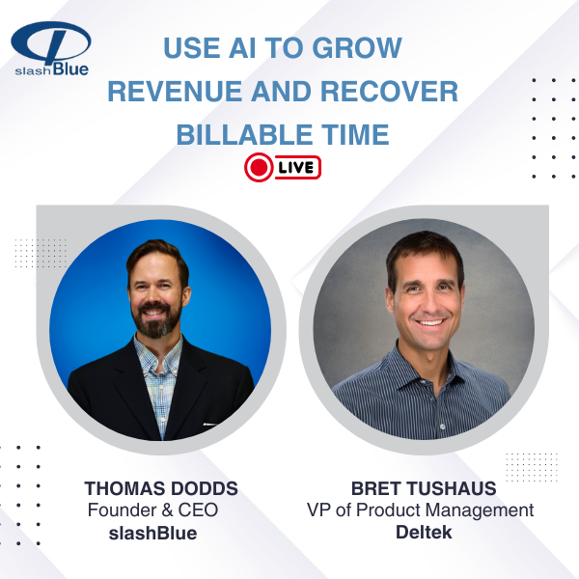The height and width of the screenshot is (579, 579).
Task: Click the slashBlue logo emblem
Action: click(51, 41)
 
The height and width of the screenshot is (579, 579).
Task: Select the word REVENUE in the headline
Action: click(175, 92)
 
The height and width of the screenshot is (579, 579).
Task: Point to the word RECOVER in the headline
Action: click(389, 92)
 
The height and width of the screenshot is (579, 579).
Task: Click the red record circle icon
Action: click(259, 167)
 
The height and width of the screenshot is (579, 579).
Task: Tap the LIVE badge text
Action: click(296, 168)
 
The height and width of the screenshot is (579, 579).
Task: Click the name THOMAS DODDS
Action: click(161, 488)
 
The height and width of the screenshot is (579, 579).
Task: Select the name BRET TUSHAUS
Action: click(424, 488)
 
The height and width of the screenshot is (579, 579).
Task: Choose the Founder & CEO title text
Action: click(152, 510)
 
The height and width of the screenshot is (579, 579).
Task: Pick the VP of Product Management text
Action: click(420, 510)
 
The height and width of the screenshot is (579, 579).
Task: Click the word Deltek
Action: click(424, 533)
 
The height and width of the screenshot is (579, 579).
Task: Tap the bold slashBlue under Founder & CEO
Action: click(152, 534)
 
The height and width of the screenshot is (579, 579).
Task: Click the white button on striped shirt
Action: click(443, 427)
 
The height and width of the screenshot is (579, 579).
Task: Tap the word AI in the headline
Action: click(242, 48)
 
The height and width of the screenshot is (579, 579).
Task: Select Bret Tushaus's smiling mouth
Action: click(429, 322)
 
